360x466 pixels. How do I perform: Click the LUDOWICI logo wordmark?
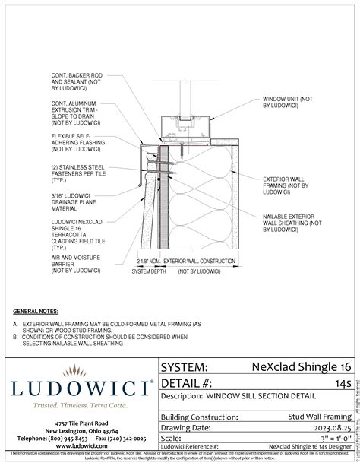79,388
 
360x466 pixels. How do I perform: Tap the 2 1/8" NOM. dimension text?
149,261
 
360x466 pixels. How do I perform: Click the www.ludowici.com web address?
79,446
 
